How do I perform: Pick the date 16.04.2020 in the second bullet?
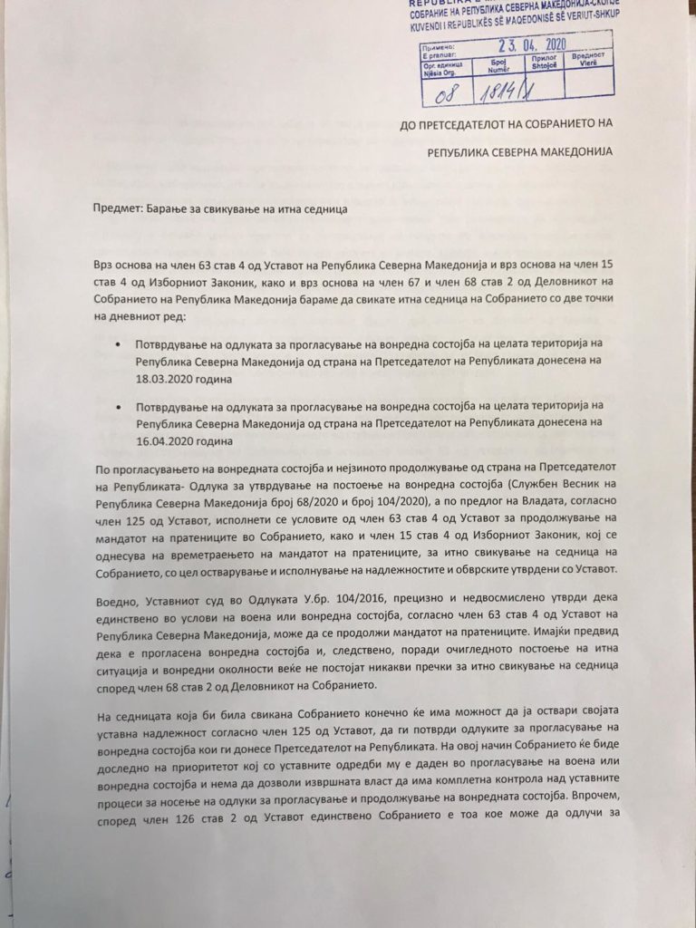pyautogui.click(x=169, y=441)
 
